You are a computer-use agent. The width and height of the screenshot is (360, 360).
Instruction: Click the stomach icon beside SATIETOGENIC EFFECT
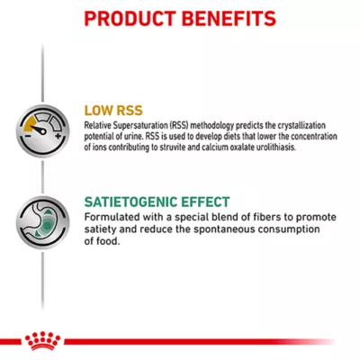(x=42, y=224)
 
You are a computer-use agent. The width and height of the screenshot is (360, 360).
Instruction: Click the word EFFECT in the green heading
(x=208, y=202)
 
